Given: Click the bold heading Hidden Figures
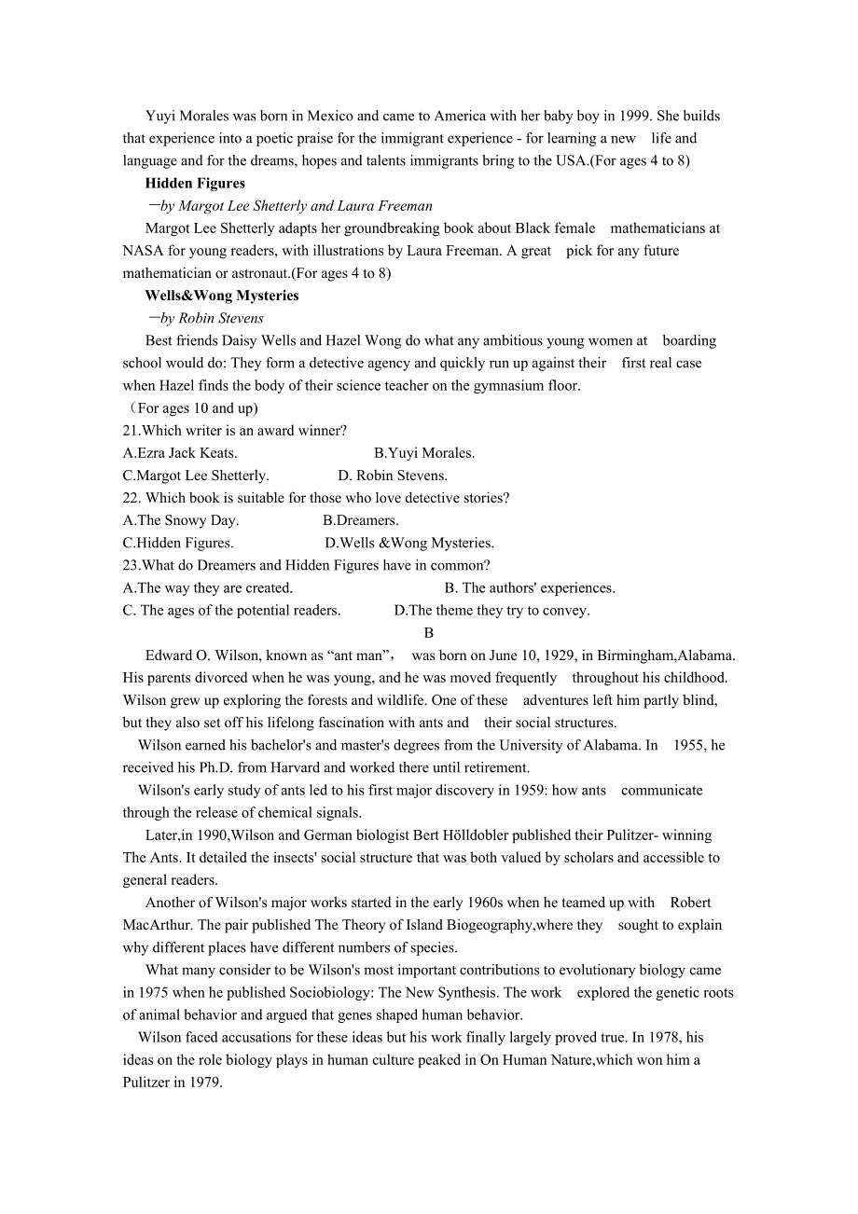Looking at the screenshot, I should [195, 184].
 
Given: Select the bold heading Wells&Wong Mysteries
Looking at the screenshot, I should [222, 296].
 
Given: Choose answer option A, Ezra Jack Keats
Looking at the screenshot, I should [180, 453].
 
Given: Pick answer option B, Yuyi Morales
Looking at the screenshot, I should [424, 453].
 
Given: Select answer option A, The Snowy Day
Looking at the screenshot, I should [181, 520].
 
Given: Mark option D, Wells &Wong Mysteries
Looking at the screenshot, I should [409, 543].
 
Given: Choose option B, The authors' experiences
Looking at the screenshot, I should [530, 588].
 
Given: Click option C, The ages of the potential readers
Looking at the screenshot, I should [232, 611].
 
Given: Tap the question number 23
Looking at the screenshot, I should [131, 565].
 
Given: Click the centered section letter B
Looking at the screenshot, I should [429, 633].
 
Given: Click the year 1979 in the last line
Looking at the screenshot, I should [204, 1083].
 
